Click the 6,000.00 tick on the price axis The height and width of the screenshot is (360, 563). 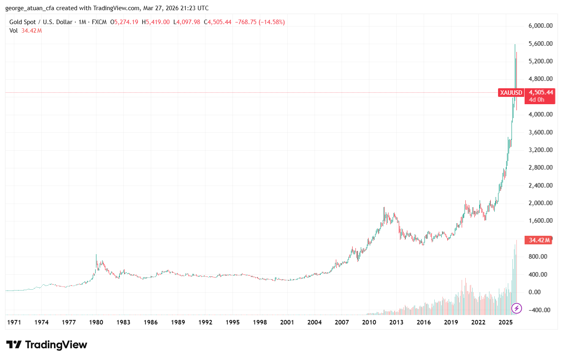click(x=540, y=26)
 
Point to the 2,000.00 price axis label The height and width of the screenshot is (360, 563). click(x=540, y=203)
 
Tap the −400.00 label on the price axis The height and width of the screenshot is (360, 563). click(x=540, y=310)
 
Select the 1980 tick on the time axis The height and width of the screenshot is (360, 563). click(x=96, y=322)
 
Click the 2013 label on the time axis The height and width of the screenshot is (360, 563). click(x=396, y=322)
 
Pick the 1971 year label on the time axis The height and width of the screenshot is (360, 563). click(x=14, y=322)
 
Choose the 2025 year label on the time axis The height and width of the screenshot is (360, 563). click(x=505, y=322)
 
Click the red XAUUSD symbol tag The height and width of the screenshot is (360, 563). click(x=511, y=93)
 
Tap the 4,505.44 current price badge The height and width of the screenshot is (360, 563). click(x=541, y=92)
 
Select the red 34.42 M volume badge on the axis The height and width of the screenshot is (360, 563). click(x=539, y=240)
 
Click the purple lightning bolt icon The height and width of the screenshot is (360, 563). click(x=516, y=308)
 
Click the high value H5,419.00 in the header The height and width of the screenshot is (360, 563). click(x=156, y=22)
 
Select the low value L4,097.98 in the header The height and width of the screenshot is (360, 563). click(x=187, y=22)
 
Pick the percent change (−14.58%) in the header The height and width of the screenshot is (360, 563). click(x=271, y=22)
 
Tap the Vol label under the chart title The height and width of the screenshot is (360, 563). click(x=13, y=31)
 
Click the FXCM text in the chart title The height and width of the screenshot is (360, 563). click(x=99, y=22)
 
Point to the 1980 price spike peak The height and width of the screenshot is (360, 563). click(x=96, y=255)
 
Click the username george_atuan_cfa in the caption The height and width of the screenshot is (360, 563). click(x=29, y=8)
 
